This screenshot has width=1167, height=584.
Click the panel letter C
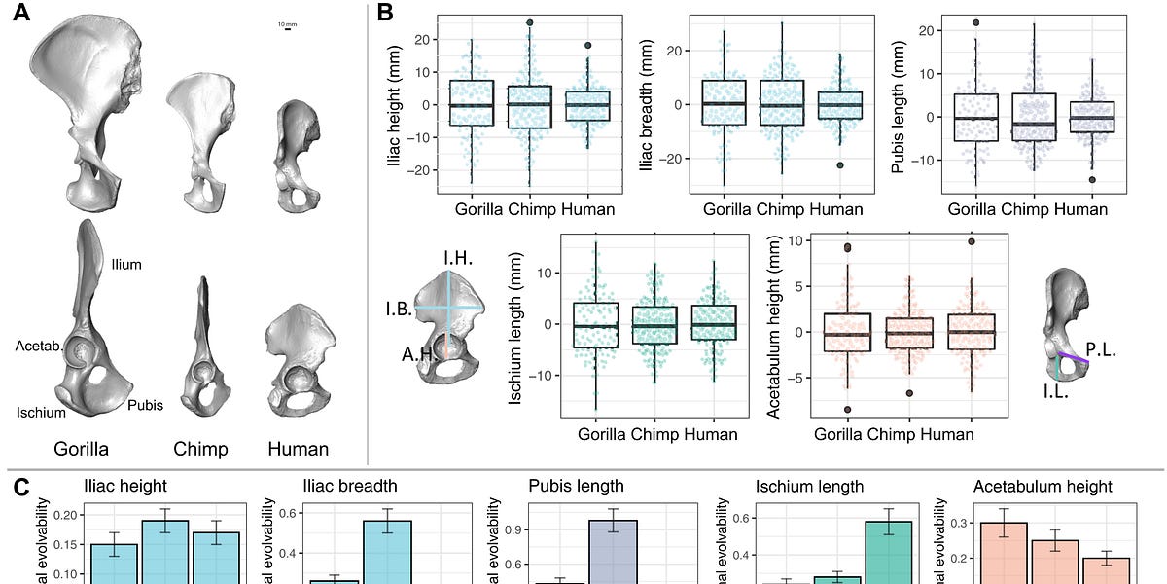20,487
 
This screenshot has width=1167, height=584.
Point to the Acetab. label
38,346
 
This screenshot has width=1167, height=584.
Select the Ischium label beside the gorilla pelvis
40,412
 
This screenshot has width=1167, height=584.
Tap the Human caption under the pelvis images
299,450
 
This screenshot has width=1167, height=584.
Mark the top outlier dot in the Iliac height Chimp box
530,22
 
